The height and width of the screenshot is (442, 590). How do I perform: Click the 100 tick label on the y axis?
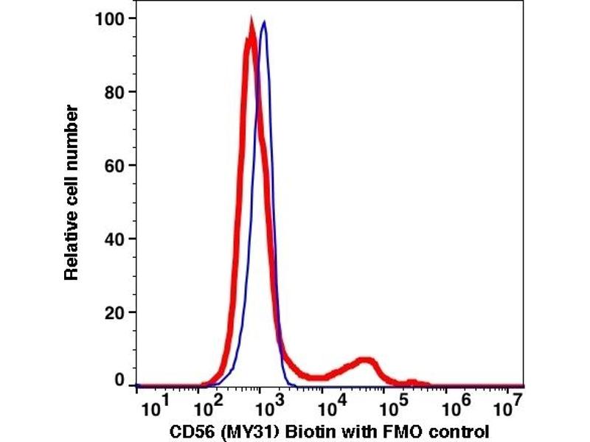(x=110, y=18)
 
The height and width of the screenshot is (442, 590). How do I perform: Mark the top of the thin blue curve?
(x=263, y=22)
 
